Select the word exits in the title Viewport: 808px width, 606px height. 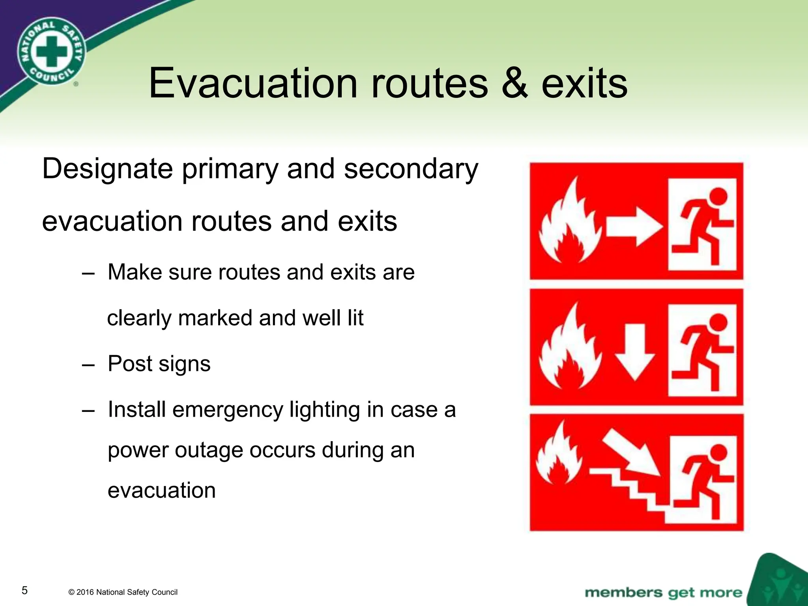584,84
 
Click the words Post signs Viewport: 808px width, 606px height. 159,364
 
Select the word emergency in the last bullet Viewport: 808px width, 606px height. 228,410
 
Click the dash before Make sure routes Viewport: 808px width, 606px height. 88,273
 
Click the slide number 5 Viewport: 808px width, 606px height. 24,590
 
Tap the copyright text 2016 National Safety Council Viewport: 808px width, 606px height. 123,592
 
